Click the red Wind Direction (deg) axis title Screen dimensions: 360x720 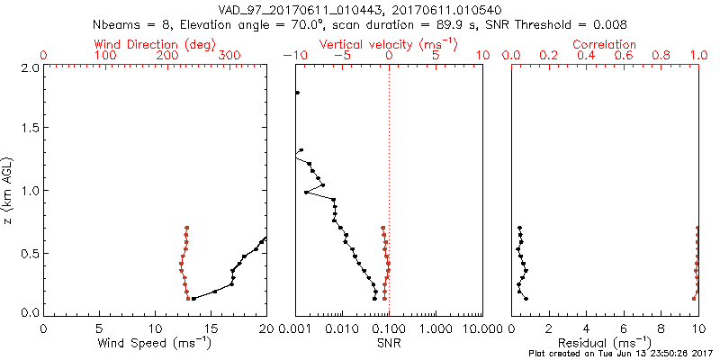pyautogui.click(x=156, y=44)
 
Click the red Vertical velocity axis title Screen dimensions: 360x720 pyautogui.click(x=388, y=44)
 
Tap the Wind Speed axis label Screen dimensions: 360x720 pyautogui.click(x=156, y=343)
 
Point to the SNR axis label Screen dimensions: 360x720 pyautogui.click(x=389, y=343)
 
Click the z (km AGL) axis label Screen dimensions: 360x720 pyautogui.click(x=8, y=190)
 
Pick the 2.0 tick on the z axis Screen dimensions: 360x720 pyautogui.click(x=29, y=67)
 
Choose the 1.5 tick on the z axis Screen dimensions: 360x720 pyautogui.click(x=29, y=129)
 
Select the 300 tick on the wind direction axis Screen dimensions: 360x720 pyautogui.click(x=229, y=56)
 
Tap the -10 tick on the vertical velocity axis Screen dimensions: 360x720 pyautogui.click(x=295, y=56)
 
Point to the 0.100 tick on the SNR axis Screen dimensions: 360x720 pyautogui.click(x=389, y=328)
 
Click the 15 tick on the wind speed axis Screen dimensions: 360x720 pyautogui.click(x=211, y=328)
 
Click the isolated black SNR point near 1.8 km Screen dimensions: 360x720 pyautogui.click(x=297, y=93)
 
